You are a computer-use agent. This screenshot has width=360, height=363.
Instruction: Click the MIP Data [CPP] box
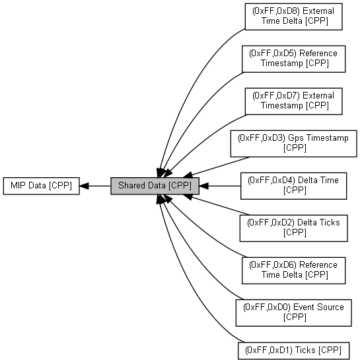42,186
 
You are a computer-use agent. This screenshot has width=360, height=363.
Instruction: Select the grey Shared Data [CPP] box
155,186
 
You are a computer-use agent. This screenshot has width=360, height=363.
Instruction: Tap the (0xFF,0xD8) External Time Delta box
294,17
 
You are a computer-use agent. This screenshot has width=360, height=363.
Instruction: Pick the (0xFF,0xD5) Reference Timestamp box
294,59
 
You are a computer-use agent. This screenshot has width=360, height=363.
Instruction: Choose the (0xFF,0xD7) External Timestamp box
294,101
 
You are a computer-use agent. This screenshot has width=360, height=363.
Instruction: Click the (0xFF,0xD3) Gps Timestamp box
294,143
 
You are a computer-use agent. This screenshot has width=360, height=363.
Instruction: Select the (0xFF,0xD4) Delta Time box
294,186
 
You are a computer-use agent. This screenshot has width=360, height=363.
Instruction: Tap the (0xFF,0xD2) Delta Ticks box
294,228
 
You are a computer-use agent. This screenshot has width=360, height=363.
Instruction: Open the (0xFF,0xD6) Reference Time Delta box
294,270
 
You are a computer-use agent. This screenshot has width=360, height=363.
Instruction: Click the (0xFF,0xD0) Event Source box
294,313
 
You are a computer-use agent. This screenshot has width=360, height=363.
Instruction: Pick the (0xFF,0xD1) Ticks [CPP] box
294,350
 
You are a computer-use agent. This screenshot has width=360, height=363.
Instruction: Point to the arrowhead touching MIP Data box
84,186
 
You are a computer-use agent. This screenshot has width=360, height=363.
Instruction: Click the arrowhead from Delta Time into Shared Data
203,186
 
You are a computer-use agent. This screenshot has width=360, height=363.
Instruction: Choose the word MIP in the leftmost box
18,185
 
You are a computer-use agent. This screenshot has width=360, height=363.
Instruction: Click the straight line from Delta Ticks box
221,206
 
